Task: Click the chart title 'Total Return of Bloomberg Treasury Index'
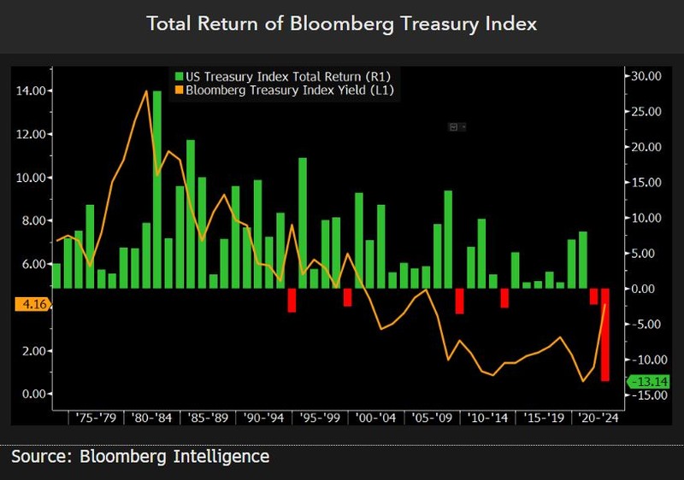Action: tap(342, 23)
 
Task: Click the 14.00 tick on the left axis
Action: tap(32, 91)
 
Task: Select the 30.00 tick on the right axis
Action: tap(642, 76)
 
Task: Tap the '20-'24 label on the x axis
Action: tap(597, 418)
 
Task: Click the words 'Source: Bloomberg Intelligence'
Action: tap(140, 456)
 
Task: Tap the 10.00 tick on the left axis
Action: tap(32, 178)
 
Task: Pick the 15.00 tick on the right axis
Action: tap(642, 182)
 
